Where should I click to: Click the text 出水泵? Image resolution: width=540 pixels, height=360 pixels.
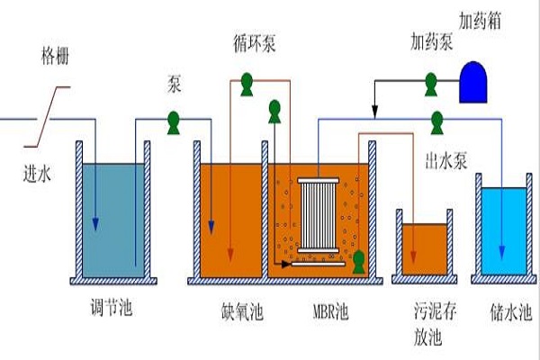pyautogui.click(x=445, y=161)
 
